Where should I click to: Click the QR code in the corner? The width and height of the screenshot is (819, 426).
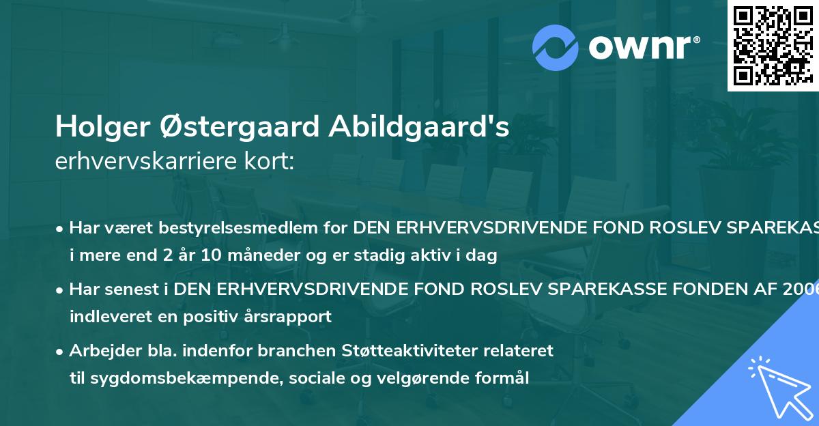click(x=772, y=45)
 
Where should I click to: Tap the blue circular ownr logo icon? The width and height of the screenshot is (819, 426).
click(x=555, y=47)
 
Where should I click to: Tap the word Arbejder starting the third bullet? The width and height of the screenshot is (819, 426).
click(x=100, y=350)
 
